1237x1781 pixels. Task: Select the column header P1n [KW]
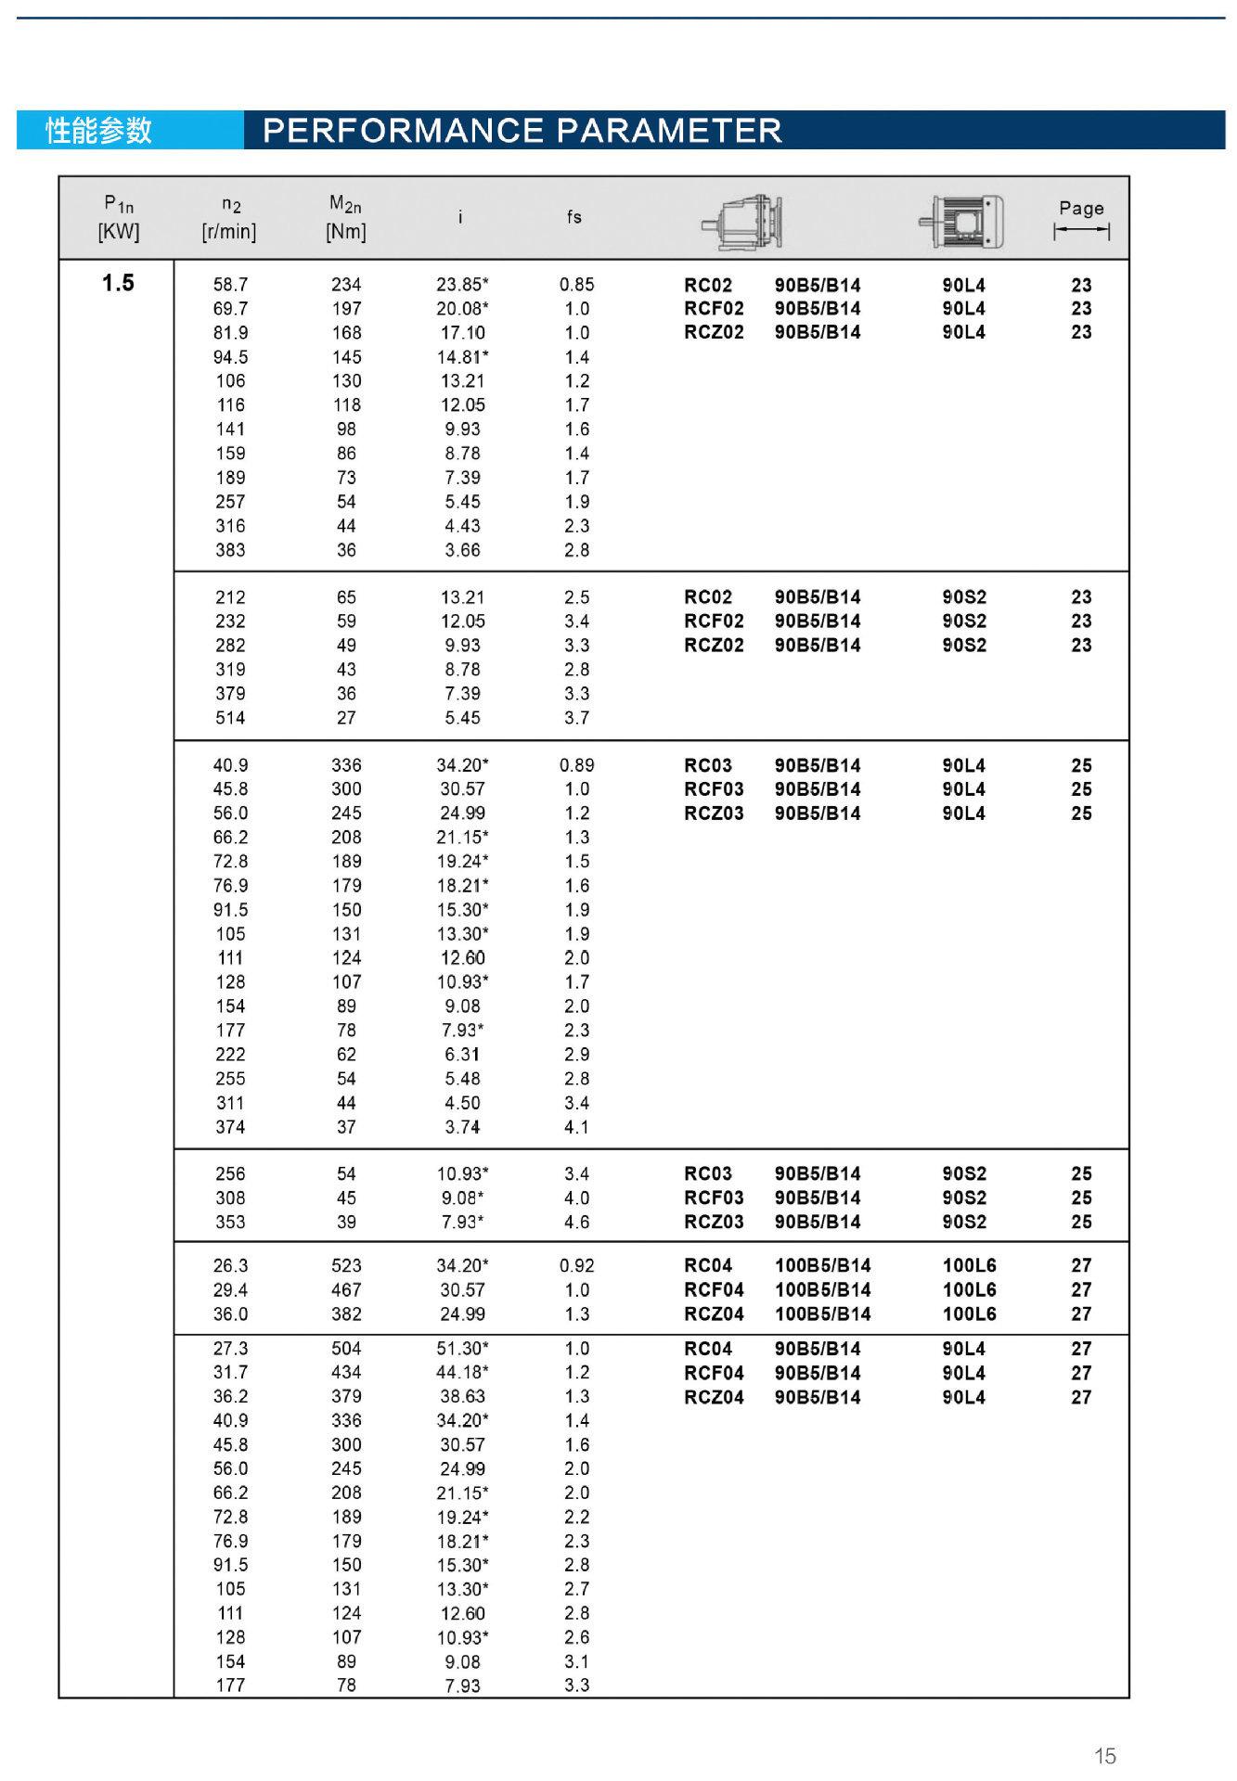tap(118, 217)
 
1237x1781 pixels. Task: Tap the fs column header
tap(574, 217)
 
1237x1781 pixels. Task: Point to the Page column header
tap(1081, 218)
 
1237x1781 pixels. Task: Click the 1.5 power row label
tap(118, 283)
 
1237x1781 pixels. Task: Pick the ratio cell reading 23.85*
tap(462, 285)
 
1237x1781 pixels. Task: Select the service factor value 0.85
tap(576, 285)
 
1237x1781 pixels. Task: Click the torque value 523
tap(346, 1265)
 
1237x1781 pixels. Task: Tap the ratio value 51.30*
tap(462, 1348)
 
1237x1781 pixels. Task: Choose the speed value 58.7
tap(230, 285)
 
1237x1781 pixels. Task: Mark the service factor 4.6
tap(576, 1222)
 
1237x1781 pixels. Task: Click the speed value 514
tap(230, 717)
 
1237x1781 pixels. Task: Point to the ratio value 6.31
tap(462, 1054)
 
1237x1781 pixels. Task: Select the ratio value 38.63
tap(462, 1396)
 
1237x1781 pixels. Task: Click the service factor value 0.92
tap(576, 1265)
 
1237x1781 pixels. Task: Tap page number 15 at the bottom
tap(1104, 1755)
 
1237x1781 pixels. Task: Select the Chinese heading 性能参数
tap(98, 131)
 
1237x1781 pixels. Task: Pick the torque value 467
tap(346, 1289)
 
